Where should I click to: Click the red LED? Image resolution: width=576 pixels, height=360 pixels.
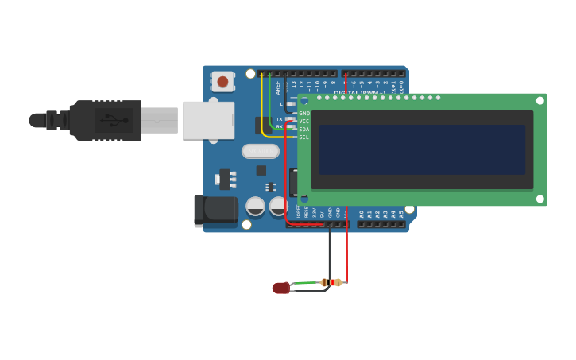coord(280,288)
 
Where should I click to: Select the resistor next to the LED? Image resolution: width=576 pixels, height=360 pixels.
coord(331,282)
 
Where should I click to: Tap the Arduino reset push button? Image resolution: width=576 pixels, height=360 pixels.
coord(222,81)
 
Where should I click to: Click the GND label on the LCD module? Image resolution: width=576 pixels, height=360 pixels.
coord(304,114)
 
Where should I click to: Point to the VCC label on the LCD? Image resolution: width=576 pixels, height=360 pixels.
coord(304,122)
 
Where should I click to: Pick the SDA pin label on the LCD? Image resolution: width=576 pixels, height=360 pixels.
coord(304,130)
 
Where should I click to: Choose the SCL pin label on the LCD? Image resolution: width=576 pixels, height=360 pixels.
coord(304,137)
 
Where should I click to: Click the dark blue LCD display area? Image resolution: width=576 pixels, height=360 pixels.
coord(422,149)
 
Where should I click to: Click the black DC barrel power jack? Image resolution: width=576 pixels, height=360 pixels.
coord(215,210)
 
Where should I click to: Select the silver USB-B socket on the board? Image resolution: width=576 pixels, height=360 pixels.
coord(209,120)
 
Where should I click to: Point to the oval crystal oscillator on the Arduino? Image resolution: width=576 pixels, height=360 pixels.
coord(260,151)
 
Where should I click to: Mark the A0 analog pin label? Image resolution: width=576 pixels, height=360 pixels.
coord(361,214)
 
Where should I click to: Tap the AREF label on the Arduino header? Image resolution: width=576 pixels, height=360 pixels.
coord(278,87)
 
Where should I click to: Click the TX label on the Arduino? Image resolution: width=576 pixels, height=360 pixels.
coord(279,119)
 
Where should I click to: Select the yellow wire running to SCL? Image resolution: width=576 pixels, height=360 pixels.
coord(264,111)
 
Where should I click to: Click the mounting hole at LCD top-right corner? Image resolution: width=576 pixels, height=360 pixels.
coord(539,101)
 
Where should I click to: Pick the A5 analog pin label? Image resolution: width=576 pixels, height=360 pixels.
coord(401,214)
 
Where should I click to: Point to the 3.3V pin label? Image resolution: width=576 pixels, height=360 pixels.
coord(314,213)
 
